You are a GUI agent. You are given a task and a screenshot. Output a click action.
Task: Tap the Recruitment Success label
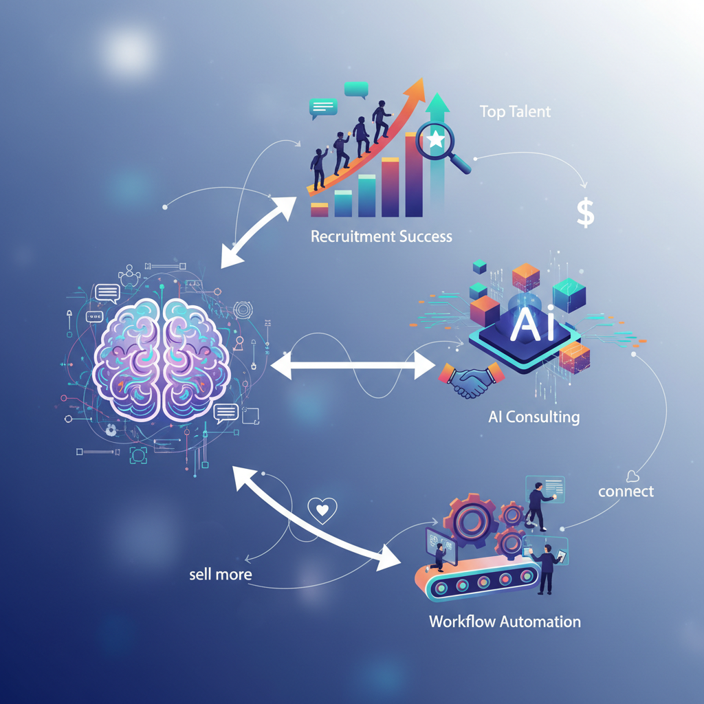(x=382, y=236)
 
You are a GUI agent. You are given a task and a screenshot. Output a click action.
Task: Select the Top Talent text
(x=515, y=112)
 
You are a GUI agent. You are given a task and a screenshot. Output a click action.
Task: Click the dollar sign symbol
(x=585, y=213)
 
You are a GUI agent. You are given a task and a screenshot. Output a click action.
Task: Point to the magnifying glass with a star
(x=440, y=144)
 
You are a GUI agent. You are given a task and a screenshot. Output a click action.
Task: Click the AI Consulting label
(x=533, y=416)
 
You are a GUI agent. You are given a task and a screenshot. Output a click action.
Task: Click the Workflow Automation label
(x=505, y=621)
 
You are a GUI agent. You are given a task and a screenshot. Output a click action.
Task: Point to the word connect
(x=626, y=492)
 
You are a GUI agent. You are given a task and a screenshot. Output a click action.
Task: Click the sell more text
(x=221, y=574)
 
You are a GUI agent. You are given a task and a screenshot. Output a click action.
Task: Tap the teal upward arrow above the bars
(x=437, y=110)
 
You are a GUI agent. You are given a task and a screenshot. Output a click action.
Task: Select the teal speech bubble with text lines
(x=323, y=107)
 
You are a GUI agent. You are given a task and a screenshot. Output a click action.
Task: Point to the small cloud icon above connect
(x=632, y=475)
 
